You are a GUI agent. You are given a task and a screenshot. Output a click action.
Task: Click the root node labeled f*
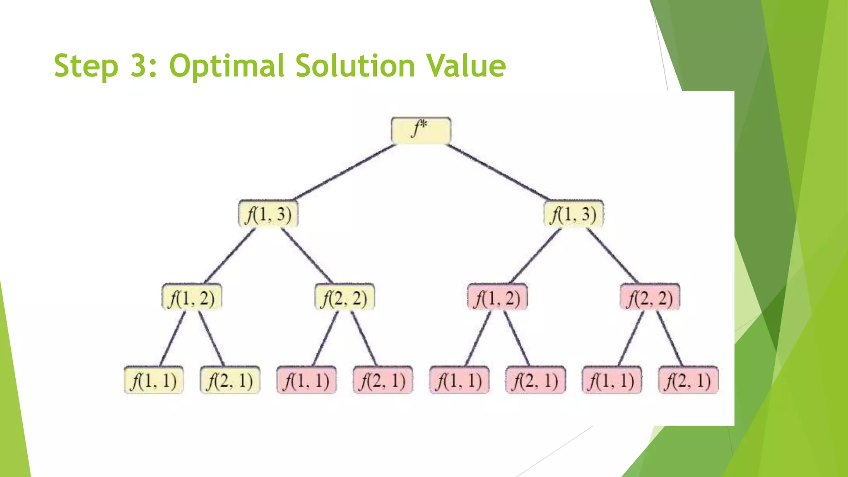pos(421,130)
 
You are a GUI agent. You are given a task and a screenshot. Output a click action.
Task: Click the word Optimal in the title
pos(227,66)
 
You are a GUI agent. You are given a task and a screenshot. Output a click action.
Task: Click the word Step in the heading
pos(86,66)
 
